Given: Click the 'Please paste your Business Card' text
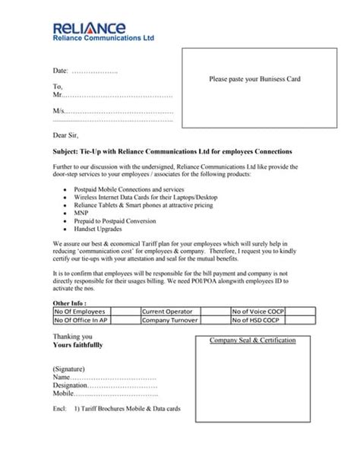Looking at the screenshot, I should pos(255,79).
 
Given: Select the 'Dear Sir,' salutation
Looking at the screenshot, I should pos(68,136).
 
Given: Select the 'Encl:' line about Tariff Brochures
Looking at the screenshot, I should pos(116,409).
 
